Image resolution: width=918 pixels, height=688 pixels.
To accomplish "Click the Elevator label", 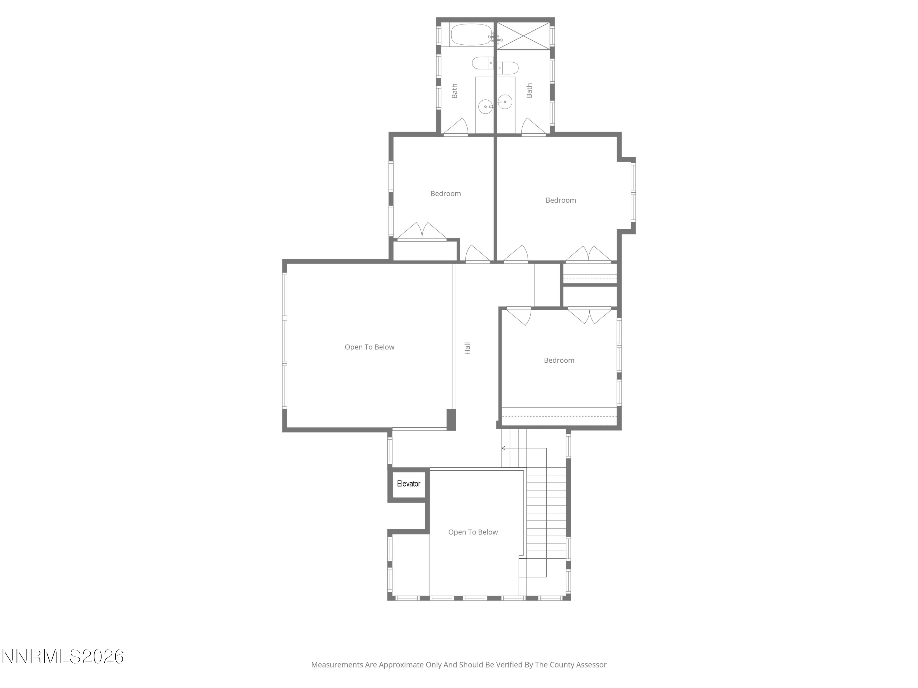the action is coord(409,483).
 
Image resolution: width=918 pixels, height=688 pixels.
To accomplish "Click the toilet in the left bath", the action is coord(482,63).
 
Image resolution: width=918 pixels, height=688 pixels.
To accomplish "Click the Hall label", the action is coord(467,348).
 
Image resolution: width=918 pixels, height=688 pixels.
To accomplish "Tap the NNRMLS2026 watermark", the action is coord(63,657).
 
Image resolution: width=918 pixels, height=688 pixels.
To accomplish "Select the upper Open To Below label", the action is coord(369,347).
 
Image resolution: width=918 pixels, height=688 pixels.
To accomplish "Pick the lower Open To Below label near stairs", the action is coord(473,532).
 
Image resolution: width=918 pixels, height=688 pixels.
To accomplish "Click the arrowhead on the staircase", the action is coord(503,448).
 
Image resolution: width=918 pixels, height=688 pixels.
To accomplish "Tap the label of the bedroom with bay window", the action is coord(560,200).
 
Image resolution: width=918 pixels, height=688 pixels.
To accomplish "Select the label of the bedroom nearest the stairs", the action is coord(559,361).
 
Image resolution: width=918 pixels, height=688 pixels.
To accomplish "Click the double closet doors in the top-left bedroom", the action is coord(422,231).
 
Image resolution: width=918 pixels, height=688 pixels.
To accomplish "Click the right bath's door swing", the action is coord(534,127).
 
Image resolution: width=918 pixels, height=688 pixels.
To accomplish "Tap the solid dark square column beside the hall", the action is coord(451,420).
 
